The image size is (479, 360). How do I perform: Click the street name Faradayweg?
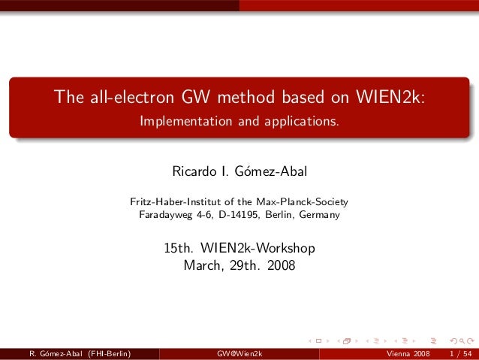166,215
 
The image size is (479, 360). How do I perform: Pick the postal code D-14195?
236,215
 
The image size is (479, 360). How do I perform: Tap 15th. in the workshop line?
179,248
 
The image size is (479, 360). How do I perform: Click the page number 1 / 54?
459,353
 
